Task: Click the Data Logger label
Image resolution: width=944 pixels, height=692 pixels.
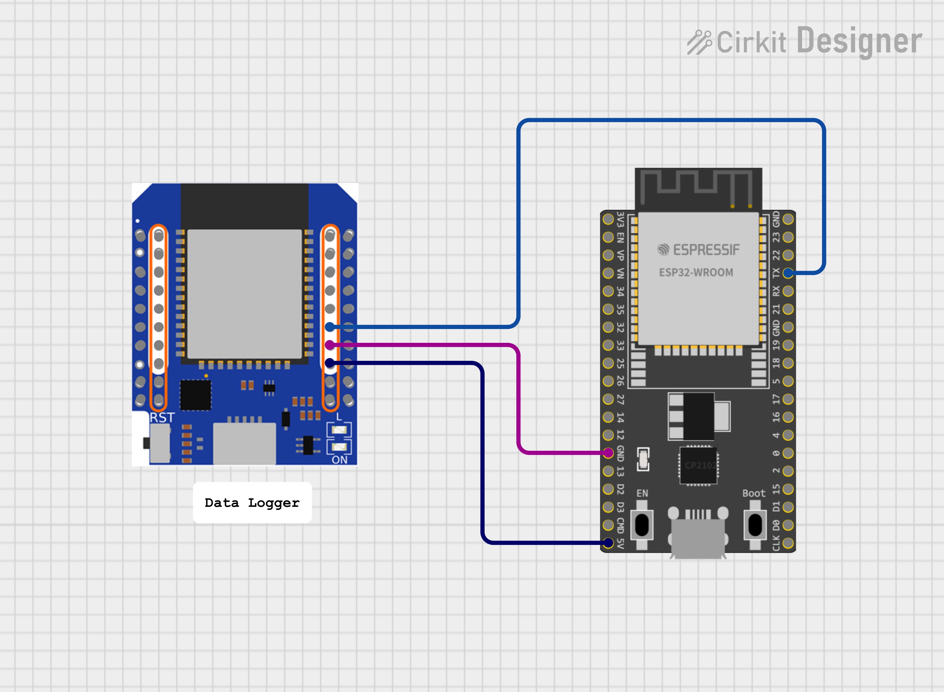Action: [252, 503]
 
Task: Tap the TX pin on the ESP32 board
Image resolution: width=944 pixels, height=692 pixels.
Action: [788, 273]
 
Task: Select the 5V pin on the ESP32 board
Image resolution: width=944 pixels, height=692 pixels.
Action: [608, 543]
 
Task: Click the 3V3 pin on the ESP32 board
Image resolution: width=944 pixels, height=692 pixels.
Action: [608, 219]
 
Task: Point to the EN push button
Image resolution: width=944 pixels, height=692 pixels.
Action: [642, 525]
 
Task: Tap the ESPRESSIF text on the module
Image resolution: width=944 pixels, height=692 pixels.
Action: [706, 250]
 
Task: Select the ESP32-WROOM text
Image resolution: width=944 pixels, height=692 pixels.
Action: [696, 273]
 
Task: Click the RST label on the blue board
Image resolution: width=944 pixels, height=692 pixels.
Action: [162, 418]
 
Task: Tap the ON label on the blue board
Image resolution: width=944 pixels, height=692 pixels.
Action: [340, 460]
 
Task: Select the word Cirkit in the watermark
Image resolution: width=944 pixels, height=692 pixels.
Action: [751, 42]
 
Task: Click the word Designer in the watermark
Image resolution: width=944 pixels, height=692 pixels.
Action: [859, 41]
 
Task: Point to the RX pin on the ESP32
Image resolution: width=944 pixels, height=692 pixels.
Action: [788, 291]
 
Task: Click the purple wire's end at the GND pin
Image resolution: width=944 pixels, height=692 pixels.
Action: [608, 453]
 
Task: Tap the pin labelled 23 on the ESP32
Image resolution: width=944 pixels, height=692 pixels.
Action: [788, 237]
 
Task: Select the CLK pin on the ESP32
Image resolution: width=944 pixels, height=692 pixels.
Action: [788, 543]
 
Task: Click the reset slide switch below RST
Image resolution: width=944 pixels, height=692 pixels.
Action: [159, 443]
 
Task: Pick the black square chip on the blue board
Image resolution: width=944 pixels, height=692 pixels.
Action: [195, 395]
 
